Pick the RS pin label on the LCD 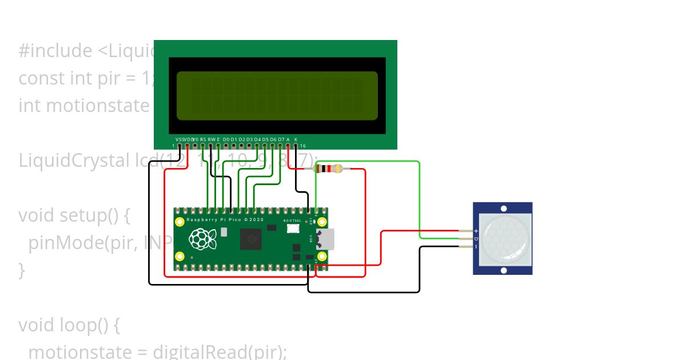tap(203, 139)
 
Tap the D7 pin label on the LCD tap(281, 139)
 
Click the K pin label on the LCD tap(296, 139)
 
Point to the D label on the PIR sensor tap(476, 238)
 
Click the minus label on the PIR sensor tap(476, 246)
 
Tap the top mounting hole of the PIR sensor tap(504, 208)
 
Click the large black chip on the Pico tap(250, 239)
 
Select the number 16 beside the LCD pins tap(303, 146)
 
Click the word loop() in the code tap(91, 325)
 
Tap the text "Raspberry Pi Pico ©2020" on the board tap(225, 220)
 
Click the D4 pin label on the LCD tap(257, 139)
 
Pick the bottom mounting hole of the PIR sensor tap(504, 270)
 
